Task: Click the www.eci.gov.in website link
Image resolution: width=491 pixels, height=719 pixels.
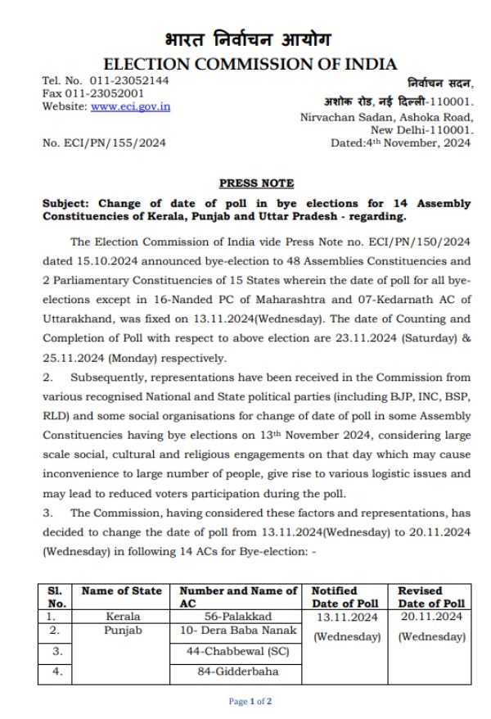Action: [130, 107]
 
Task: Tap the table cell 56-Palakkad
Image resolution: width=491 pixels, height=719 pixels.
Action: [237, 616]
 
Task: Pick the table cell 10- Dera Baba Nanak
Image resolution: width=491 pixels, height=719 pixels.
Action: [237, 631]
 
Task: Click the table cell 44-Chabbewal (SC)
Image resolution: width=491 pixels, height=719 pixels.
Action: [237, 652]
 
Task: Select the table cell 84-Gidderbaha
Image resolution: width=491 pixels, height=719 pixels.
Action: [237, 672]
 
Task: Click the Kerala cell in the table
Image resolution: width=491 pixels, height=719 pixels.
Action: [124, 616]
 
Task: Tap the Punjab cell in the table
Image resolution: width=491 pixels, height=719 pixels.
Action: [124, 631]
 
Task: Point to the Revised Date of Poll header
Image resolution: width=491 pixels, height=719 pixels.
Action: [430, 597]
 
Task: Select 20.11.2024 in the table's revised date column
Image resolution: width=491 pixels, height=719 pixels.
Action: [430, 617]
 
